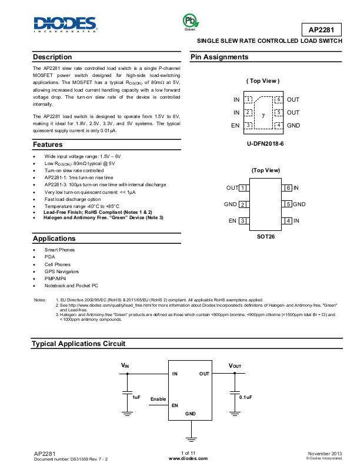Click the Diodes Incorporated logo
tap(64, 24)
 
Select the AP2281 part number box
tap(321, 29)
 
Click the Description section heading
tap(52, 57)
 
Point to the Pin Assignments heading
tap(219, 57)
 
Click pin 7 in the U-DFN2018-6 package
tap(263, 116)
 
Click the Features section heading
tap(48, 144)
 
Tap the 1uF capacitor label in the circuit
tap(136, 398)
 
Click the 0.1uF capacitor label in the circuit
tap(245, 398)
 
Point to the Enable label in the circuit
tap(158, 399)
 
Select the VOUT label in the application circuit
tap(235, 366)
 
